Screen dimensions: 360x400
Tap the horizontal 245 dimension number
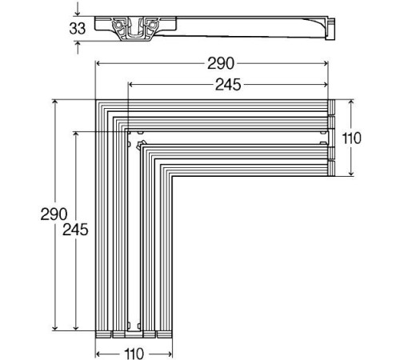pos(230,83)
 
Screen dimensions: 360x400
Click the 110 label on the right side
pos(352,138)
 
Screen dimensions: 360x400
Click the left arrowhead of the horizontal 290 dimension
pos(98,62)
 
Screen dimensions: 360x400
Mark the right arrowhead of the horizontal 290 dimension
pos(328,62)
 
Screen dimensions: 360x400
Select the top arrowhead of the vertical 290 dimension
pos(55,102)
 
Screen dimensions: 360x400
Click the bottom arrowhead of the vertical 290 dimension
pos(55,327)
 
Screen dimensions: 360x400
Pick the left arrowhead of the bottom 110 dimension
pos(98,352)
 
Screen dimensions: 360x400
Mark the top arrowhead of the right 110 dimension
pos(350,102)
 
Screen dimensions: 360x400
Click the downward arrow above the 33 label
pos(76,12)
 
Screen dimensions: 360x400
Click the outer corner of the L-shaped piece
pos(98,102)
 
